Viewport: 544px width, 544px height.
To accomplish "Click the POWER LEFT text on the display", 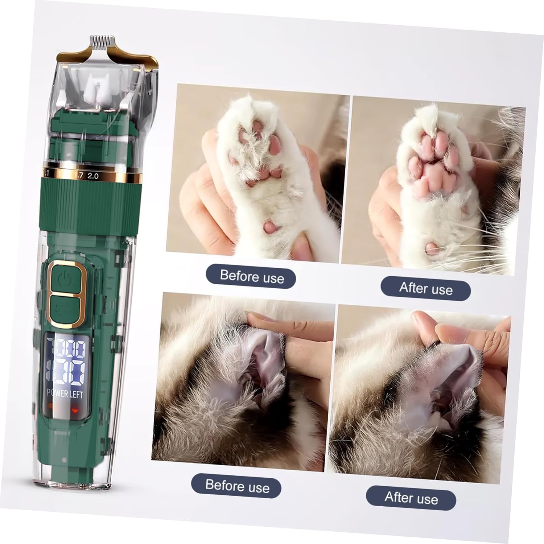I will coord(65,394).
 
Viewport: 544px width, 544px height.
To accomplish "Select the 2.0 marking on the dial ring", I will coord(93,176).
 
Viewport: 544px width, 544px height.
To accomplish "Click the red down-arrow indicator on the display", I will coord(75,411).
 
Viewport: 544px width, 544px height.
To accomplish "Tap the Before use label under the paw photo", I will coord(252,277).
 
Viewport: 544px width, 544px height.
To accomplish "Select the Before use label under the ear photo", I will coord(237,485).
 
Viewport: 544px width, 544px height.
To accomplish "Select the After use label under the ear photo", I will coord(411,498).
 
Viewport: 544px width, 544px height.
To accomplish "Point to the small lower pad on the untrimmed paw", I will coord(270,227).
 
